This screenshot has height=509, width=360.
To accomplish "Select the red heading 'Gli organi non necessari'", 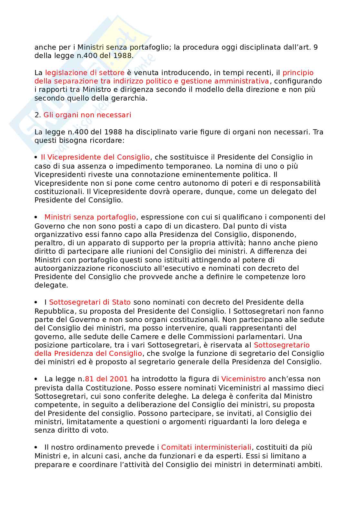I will pos(87,115).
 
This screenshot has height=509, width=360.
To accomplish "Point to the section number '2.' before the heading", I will pos(38,115).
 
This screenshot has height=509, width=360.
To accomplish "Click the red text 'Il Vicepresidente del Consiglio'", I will pos(95,157).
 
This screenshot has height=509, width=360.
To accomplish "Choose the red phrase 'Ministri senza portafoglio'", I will pos(90,217).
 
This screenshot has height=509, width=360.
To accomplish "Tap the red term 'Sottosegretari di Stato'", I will pos(90,302).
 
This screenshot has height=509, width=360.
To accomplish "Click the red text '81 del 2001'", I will pos(106,379).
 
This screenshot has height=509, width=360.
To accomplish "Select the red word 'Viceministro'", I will pos(243,379).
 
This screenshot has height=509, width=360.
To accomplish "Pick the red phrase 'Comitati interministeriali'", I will pos(206,447).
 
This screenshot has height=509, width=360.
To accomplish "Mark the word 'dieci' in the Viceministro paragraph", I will pos(315,387).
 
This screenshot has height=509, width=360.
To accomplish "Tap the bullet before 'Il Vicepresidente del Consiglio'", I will pos(36,157).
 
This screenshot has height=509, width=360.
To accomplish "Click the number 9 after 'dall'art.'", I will pos(315,47).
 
